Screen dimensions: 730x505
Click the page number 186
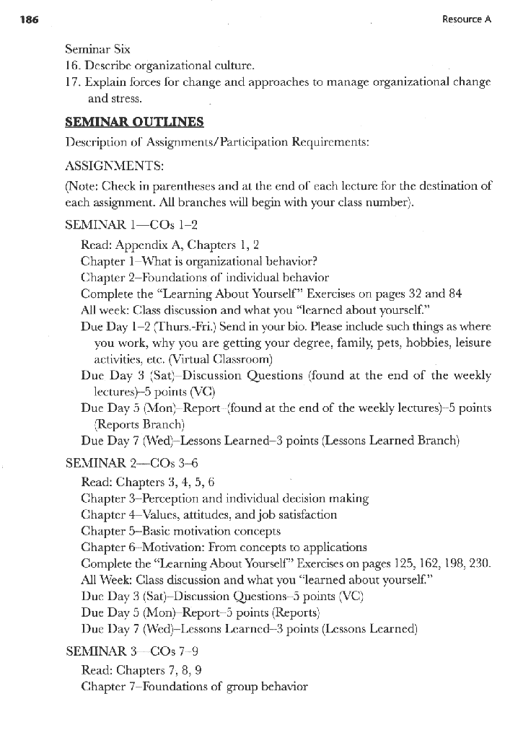(20, 20)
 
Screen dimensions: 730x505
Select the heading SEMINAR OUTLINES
(134, 122)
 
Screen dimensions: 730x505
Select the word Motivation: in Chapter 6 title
(162, 547)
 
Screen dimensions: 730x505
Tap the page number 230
(478, 564)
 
